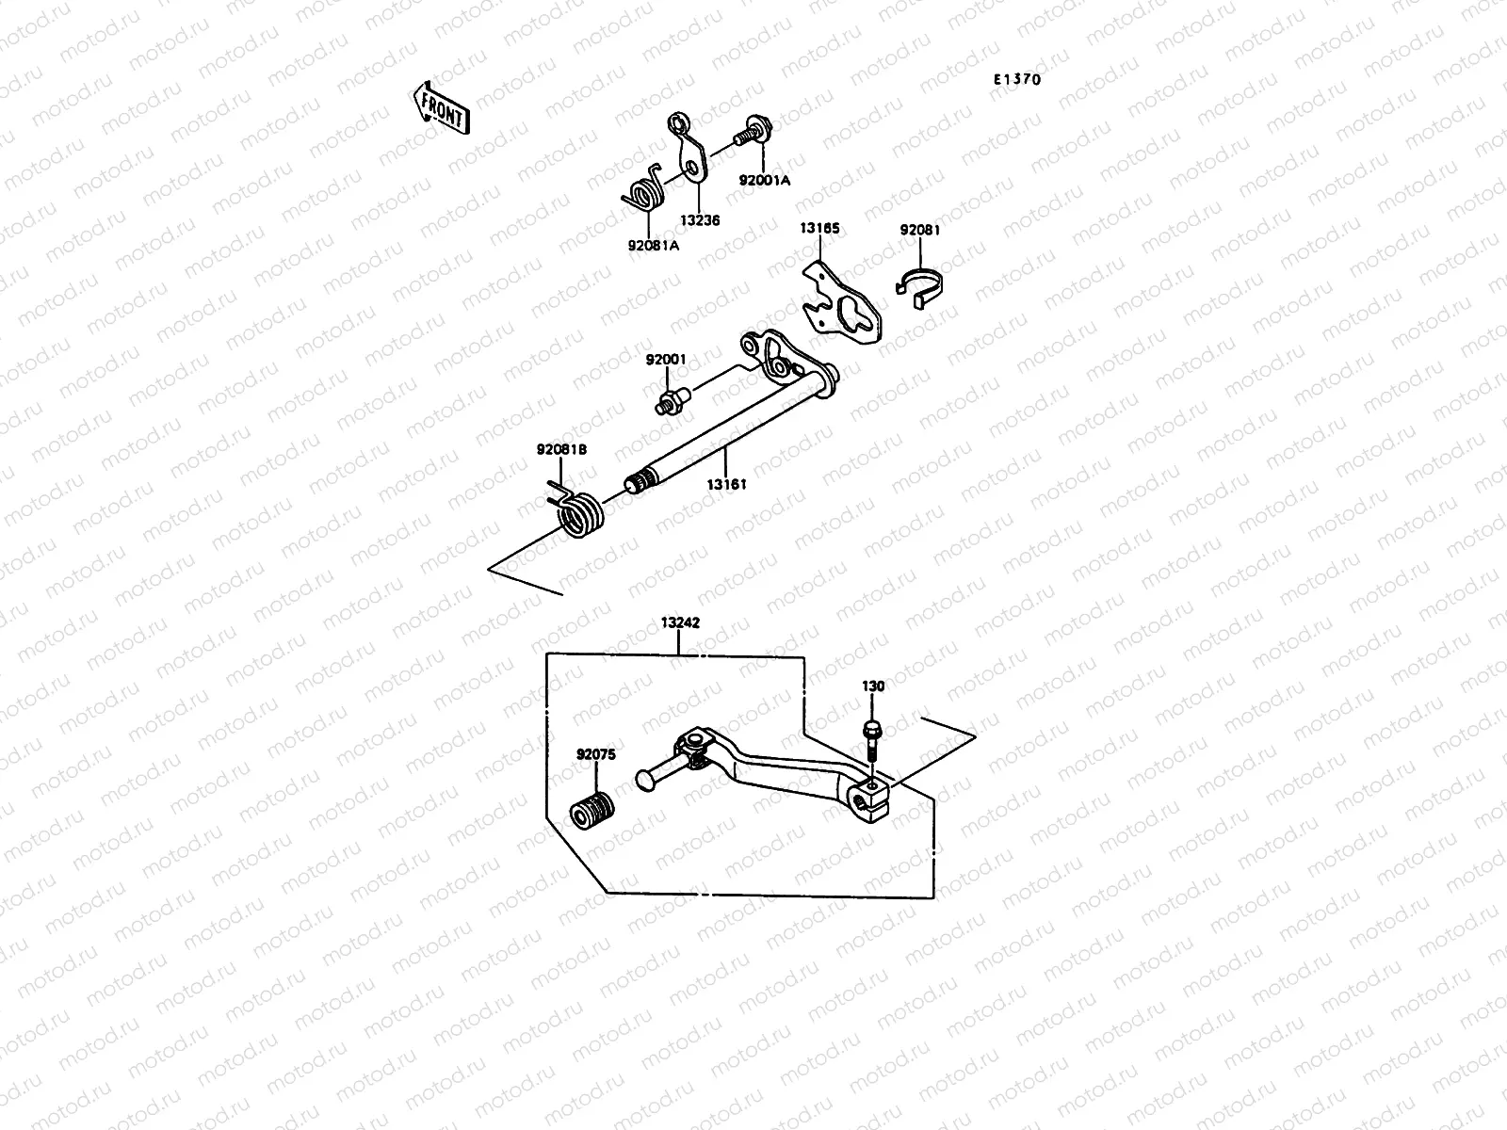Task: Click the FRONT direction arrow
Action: (x=440, y=106)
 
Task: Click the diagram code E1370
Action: (x=1016, y=80)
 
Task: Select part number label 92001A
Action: (x=764, y=180)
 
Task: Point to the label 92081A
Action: (x=653, y=246)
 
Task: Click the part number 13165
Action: (x=819, y=229)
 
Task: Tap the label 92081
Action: (x=919, y=230)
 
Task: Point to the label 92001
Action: (x=666, y=360)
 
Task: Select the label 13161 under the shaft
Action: (x=727, y=484)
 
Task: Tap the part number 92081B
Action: (x=561, y=450)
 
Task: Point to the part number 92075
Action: (x=596, y=754)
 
